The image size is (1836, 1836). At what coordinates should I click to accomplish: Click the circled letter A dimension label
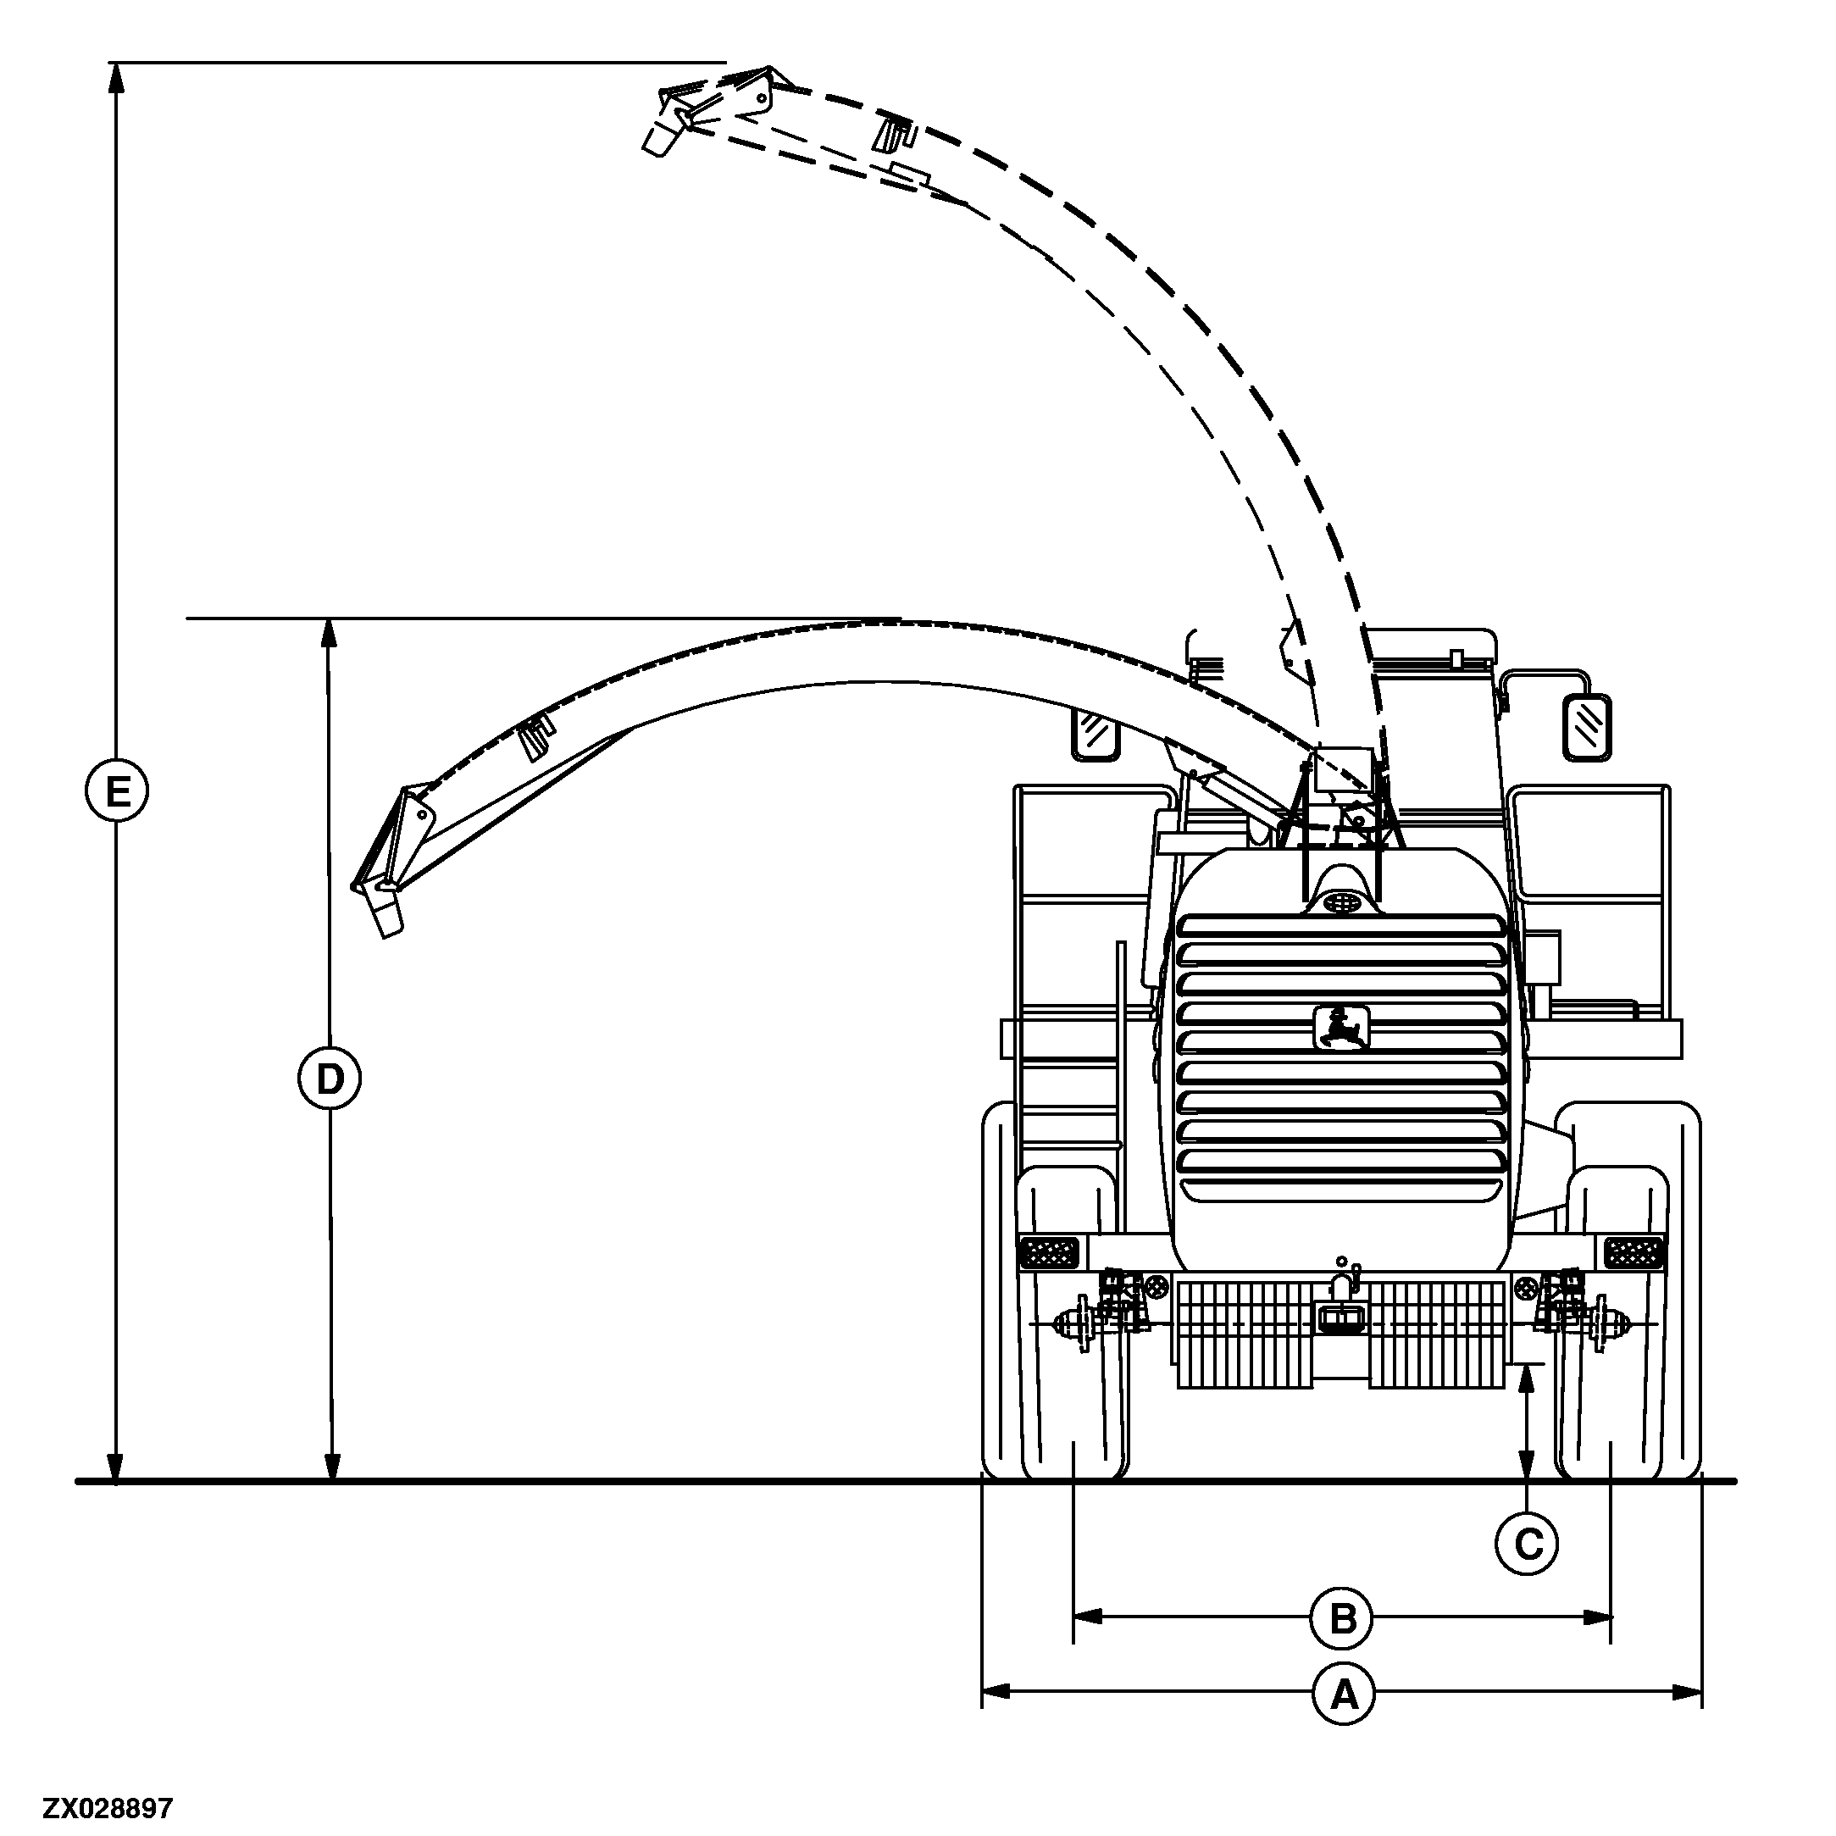[1344, 1693]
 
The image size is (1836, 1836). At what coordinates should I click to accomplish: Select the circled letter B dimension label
[1342, 1617]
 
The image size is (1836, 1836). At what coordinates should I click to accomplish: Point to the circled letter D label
[329, 1079]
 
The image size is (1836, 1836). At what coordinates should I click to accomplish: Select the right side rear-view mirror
[1587, 728]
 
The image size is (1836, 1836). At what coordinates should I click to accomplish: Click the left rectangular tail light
[1048, 1252]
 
